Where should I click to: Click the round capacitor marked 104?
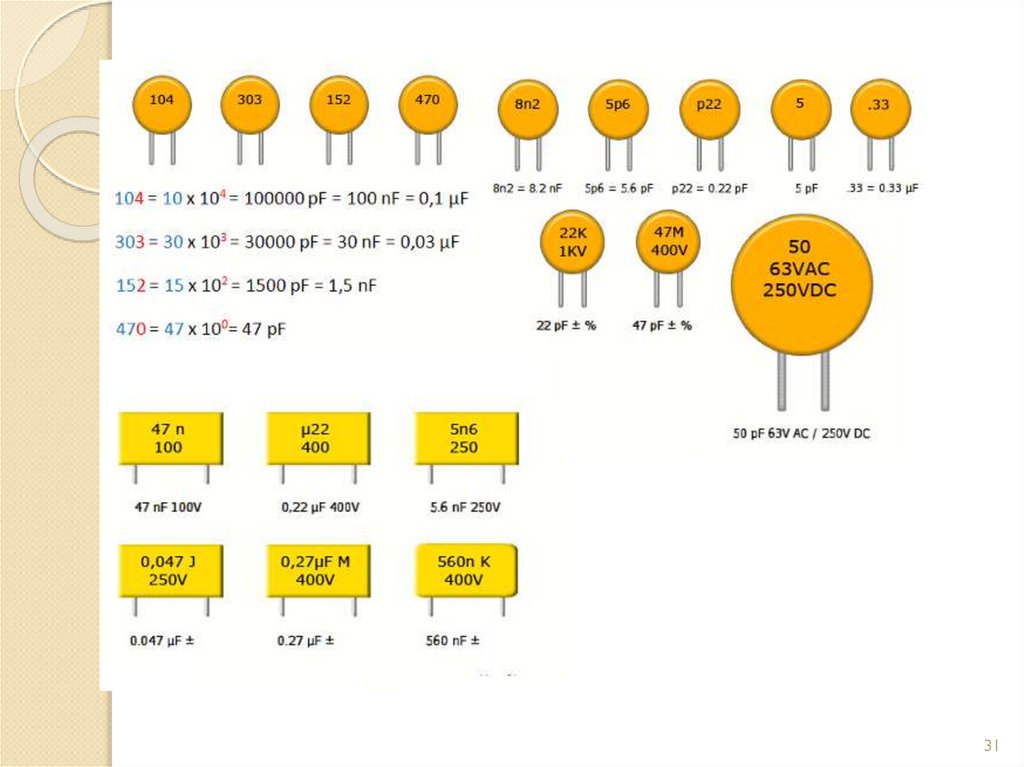point(161,103)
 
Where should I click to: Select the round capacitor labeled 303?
point(249,103)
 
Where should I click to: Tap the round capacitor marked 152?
point(338,103)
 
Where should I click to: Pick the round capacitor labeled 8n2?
point(527,106)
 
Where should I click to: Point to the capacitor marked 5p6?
point(617,106)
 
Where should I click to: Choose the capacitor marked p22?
point(708,107)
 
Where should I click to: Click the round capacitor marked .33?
point(880,107)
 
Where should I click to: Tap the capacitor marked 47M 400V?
point(668,243)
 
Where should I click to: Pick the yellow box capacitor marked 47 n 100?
point(169,438)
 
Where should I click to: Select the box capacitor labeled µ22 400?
point(316,438)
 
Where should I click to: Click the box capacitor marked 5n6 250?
point(464,438)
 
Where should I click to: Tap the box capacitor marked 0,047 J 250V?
point(169,571)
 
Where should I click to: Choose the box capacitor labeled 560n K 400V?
point(464,571)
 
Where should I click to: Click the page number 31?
point(991,746)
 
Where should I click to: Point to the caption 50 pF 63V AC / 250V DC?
point(801,434)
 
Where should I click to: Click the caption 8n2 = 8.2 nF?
point(527,187)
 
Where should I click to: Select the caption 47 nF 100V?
point(168,507)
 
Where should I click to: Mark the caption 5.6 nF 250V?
point(463,507)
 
